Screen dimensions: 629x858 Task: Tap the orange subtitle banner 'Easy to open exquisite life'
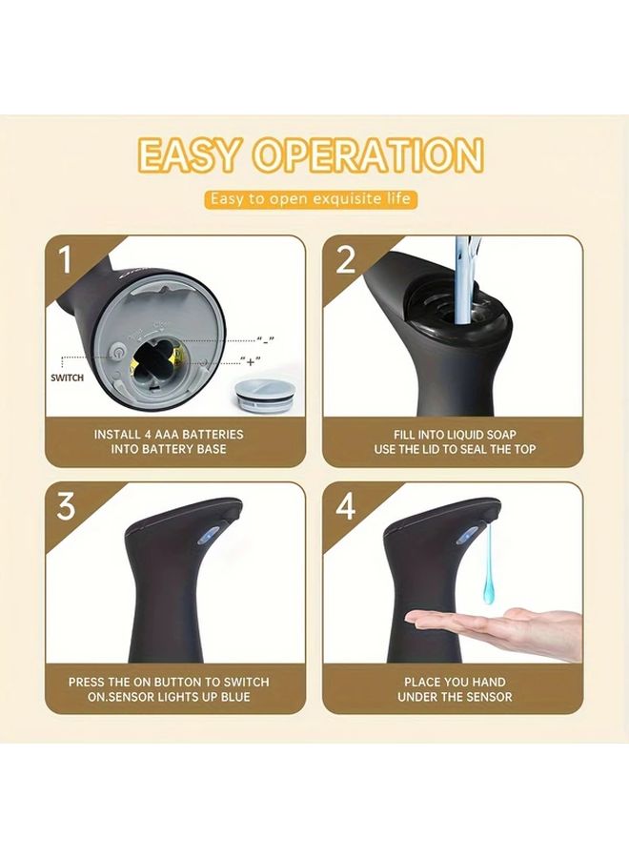[311, 198]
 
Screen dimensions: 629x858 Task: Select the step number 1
[65, 259]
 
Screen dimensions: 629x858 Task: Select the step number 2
[345, 259]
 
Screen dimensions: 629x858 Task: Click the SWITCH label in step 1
[68, 378]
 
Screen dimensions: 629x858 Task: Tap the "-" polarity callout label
[266, 340]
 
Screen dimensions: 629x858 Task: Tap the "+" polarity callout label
[251, 361]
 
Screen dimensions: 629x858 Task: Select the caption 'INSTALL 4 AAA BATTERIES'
[169, 435]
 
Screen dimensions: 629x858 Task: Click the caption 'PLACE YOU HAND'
[455, 682]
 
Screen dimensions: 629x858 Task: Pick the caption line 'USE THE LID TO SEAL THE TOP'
[455, 449]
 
